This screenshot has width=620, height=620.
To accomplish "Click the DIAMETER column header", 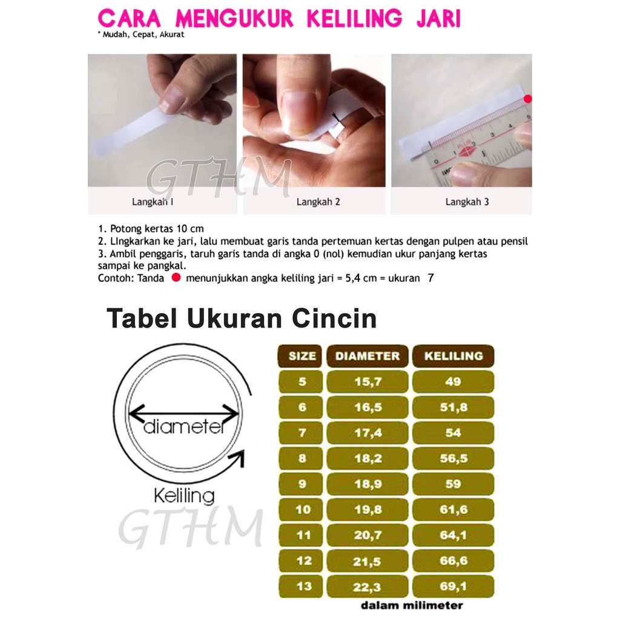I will pyautogui.click(x=368, y=356).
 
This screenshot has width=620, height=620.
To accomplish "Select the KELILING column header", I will pyautogui.click(x=453, y=356).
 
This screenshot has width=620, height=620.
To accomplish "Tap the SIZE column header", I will pyautogui.click(x=302, y=356).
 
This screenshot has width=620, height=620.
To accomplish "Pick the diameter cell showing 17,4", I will pyautogui.click(x=368, y=433).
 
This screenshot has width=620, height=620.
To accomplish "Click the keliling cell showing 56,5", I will pyautogui.click(x=453, y=459).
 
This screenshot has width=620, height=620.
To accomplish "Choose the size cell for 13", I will pyautogui.click(x=302, y=587).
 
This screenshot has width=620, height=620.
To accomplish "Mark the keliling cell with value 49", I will pyautogui.click(x=453, y=382).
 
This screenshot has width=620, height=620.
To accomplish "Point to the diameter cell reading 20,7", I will pyautogui.click(x=368, y=536).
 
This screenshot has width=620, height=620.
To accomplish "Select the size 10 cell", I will pyautogui.click(x=302, y=510).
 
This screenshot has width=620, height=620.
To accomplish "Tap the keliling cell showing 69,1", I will pyautogui.click(x=453, y=587).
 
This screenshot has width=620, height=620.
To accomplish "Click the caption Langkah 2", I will pyautogui.click(x=318, y=202).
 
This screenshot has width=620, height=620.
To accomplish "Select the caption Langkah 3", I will pyautogui.click(x=467, y=202).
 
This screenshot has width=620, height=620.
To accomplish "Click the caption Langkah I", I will pyautogui.click(x=153, y=202).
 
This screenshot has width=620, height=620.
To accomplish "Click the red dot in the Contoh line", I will pyautogui.click(x=176, y=278).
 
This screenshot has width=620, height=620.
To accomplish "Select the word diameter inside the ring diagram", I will pyautogui.click(x=184, y=427).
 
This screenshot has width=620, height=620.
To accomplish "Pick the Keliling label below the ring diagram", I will pyautogui.click(x=183, y=496).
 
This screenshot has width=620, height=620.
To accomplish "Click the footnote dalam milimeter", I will pyautogui.click(x=412, y=605).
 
